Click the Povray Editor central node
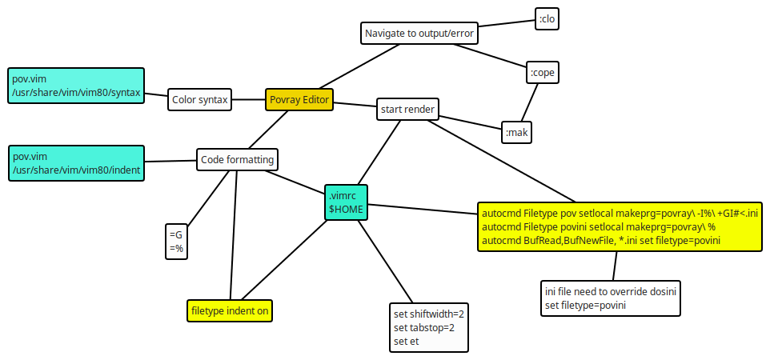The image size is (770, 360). (299, 99)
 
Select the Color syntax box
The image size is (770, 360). (199, 100)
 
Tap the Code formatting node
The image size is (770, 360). (237, 159)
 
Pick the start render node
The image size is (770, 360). (407, 109)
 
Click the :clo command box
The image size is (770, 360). (547, 18)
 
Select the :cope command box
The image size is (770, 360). (542, 73)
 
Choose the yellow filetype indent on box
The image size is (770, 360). (230, 310)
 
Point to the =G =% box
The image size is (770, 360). (176, 241)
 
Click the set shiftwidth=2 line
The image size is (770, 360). (428, 314)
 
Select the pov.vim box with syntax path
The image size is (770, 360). (76, 86)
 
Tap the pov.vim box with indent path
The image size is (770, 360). (76, 163)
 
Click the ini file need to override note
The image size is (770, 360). (611, 298)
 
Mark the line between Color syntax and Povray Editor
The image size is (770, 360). (249, 100)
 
